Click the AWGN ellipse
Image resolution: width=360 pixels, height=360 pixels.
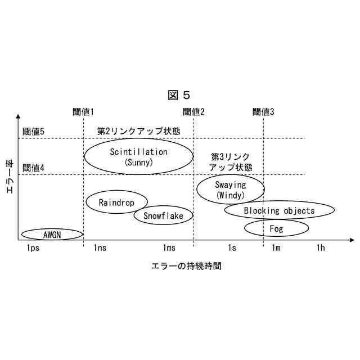(52, 233)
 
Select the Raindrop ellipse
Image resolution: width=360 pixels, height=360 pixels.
(116, 202)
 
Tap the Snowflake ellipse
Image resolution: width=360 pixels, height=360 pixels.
(163, 215)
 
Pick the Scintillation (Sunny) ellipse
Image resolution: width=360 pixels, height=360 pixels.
(138, 156)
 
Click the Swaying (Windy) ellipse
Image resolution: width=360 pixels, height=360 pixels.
(231, 190)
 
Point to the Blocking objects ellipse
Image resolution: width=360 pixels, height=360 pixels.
(279, 211)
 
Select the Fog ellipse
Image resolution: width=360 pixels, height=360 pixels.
(276, 228)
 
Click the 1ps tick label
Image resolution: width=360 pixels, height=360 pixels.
(33, 248)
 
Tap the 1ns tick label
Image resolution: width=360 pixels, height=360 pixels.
(100, 248)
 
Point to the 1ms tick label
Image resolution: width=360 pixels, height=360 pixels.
(169, 248)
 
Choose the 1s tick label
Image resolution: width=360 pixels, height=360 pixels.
(232, 248)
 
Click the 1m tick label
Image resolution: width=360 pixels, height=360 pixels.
(276, 248)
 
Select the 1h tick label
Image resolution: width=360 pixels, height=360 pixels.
(320, 248)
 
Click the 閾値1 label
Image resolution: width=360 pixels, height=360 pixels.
(83, 111)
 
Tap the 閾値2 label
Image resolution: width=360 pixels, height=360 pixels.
(194, 111)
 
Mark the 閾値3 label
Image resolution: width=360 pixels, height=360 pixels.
(263, 111)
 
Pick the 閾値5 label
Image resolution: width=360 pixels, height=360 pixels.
(33, 132)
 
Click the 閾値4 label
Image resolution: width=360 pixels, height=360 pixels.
(33, 168)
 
